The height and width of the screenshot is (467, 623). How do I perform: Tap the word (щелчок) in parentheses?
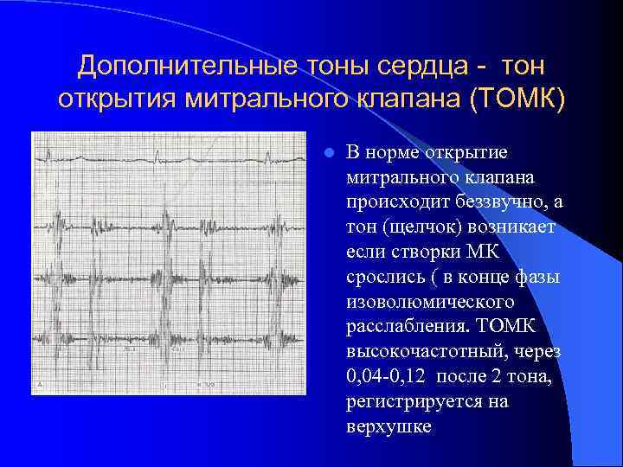419,227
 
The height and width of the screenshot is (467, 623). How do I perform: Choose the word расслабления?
399,327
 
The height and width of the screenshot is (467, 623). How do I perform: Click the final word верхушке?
387,427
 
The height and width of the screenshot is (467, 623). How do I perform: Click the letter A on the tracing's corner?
40,382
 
